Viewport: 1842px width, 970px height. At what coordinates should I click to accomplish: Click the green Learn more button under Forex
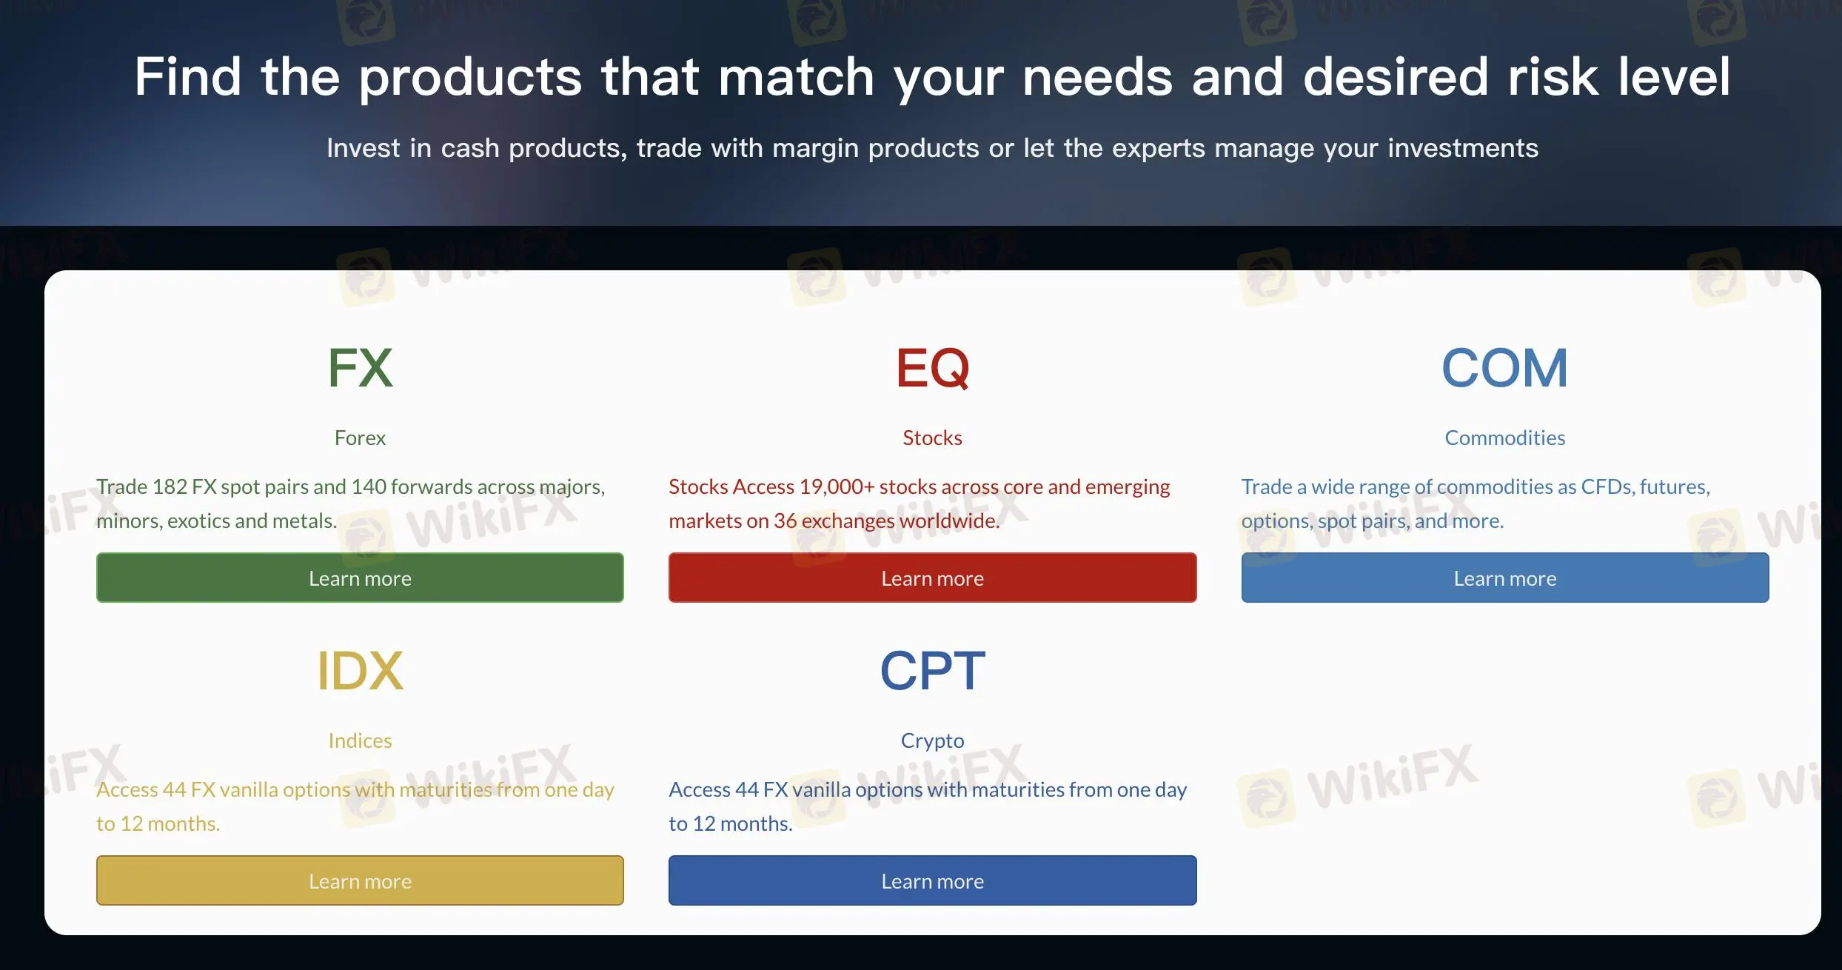(360, 578)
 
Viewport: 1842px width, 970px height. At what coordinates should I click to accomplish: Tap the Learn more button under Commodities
(1505, 578)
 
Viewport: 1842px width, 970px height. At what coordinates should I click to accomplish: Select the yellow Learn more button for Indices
(360, 880)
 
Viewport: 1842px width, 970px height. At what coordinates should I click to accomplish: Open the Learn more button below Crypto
(932, 880)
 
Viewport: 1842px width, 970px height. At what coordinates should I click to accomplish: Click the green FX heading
(360, 368)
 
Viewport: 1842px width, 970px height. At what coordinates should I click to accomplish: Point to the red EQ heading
(932, 368)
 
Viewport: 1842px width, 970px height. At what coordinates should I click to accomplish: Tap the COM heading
(1505, 368)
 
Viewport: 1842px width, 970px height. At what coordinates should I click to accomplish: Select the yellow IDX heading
(360, 671)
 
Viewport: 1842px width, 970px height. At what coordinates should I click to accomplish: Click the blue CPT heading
(932, 671)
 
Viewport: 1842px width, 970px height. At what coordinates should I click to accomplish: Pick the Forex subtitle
(360, 438)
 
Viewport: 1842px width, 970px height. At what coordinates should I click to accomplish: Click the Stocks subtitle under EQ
(932, 438)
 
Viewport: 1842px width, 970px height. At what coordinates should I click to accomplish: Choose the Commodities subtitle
(1505, 438)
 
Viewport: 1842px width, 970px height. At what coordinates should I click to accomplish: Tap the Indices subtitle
(360, 740)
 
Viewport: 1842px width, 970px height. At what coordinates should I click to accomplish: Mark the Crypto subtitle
(932, 741)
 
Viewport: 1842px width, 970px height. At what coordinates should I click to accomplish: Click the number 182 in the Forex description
(170, 486)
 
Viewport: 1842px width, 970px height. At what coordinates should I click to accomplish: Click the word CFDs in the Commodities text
(1607, 486)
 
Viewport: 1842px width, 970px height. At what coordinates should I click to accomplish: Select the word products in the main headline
(471, 77)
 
